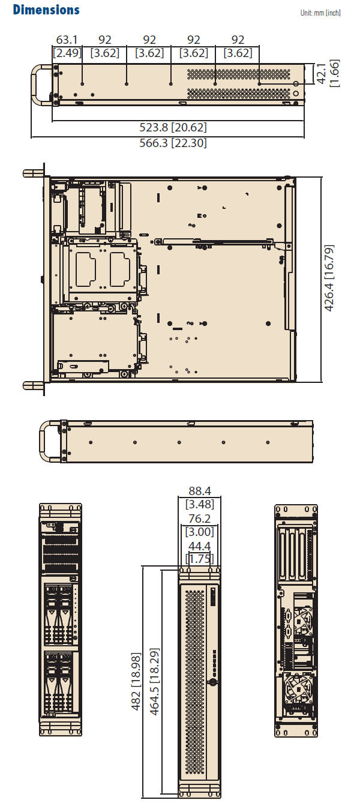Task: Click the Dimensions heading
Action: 46,10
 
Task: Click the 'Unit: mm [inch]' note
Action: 320,13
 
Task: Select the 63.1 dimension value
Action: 67,40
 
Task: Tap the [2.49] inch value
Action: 67,53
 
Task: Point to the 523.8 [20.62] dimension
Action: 173,127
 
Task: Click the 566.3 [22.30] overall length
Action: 173,143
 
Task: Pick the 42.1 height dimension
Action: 321,73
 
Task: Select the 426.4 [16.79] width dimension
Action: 329,278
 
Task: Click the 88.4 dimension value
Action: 200,491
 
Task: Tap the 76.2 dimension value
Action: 199,519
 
